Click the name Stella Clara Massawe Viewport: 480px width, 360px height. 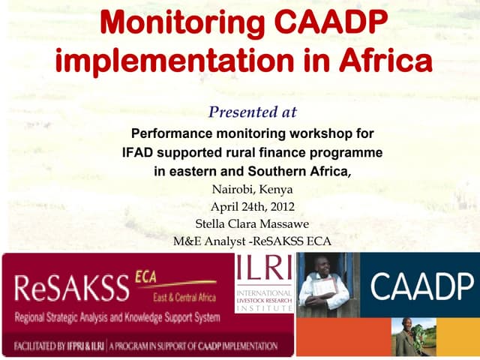pyautogui.click(x=252, y=223)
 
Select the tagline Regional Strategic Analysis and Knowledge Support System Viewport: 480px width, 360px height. pyautogui.click(x=117, y=317)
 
